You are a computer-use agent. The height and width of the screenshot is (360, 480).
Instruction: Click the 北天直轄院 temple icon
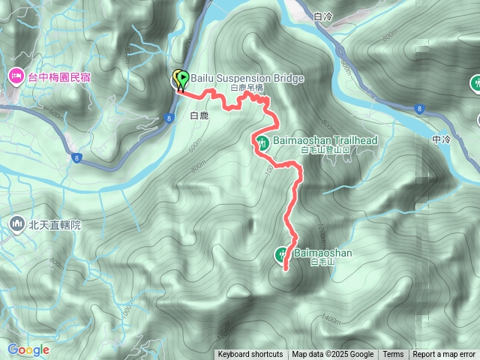[x=16, y=223]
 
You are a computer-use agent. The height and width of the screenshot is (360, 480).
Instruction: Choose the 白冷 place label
[x=323, y=15]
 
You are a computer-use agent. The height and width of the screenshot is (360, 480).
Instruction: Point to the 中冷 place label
[x=442, y=139]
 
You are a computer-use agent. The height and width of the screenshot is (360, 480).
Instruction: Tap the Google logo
[x=28, y=349]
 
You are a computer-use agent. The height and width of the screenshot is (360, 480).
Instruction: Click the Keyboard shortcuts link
[x=250, y=355]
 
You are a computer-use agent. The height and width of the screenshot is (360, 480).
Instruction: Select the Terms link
[x=393, y=355]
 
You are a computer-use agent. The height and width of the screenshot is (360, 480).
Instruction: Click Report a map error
[x=444, y=355]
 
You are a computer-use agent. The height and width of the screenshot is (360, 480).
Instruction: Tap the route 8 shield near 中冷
[x=418, y=109]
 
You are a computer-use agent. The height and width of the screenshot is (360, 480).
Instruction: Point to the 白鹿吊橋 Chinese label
[x=247, y=88]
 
